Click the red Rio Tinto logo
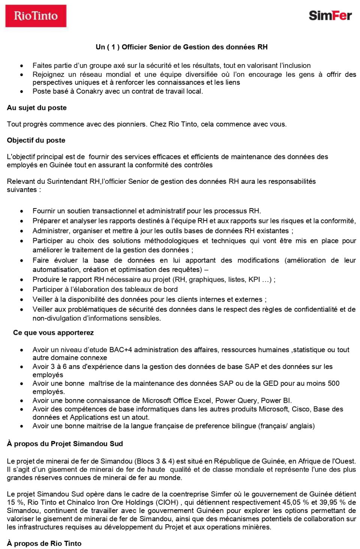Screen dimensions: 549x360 click(36, 16)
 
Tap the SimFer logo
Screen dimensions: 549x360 click(330, 15)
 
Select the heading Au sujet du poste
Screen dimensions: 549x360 click(37, 108)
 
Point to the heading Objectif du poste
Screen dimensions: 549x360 click(36, 140)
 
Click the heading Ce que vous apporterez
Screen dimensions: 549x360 click(53, 333)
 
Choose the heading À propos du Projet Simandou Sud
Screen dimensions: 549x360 click(65, 444)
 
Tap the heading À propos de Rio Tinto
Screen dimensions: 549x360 click(44, 543)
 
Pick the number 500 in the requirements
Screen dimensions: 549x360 click(333, 383)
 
